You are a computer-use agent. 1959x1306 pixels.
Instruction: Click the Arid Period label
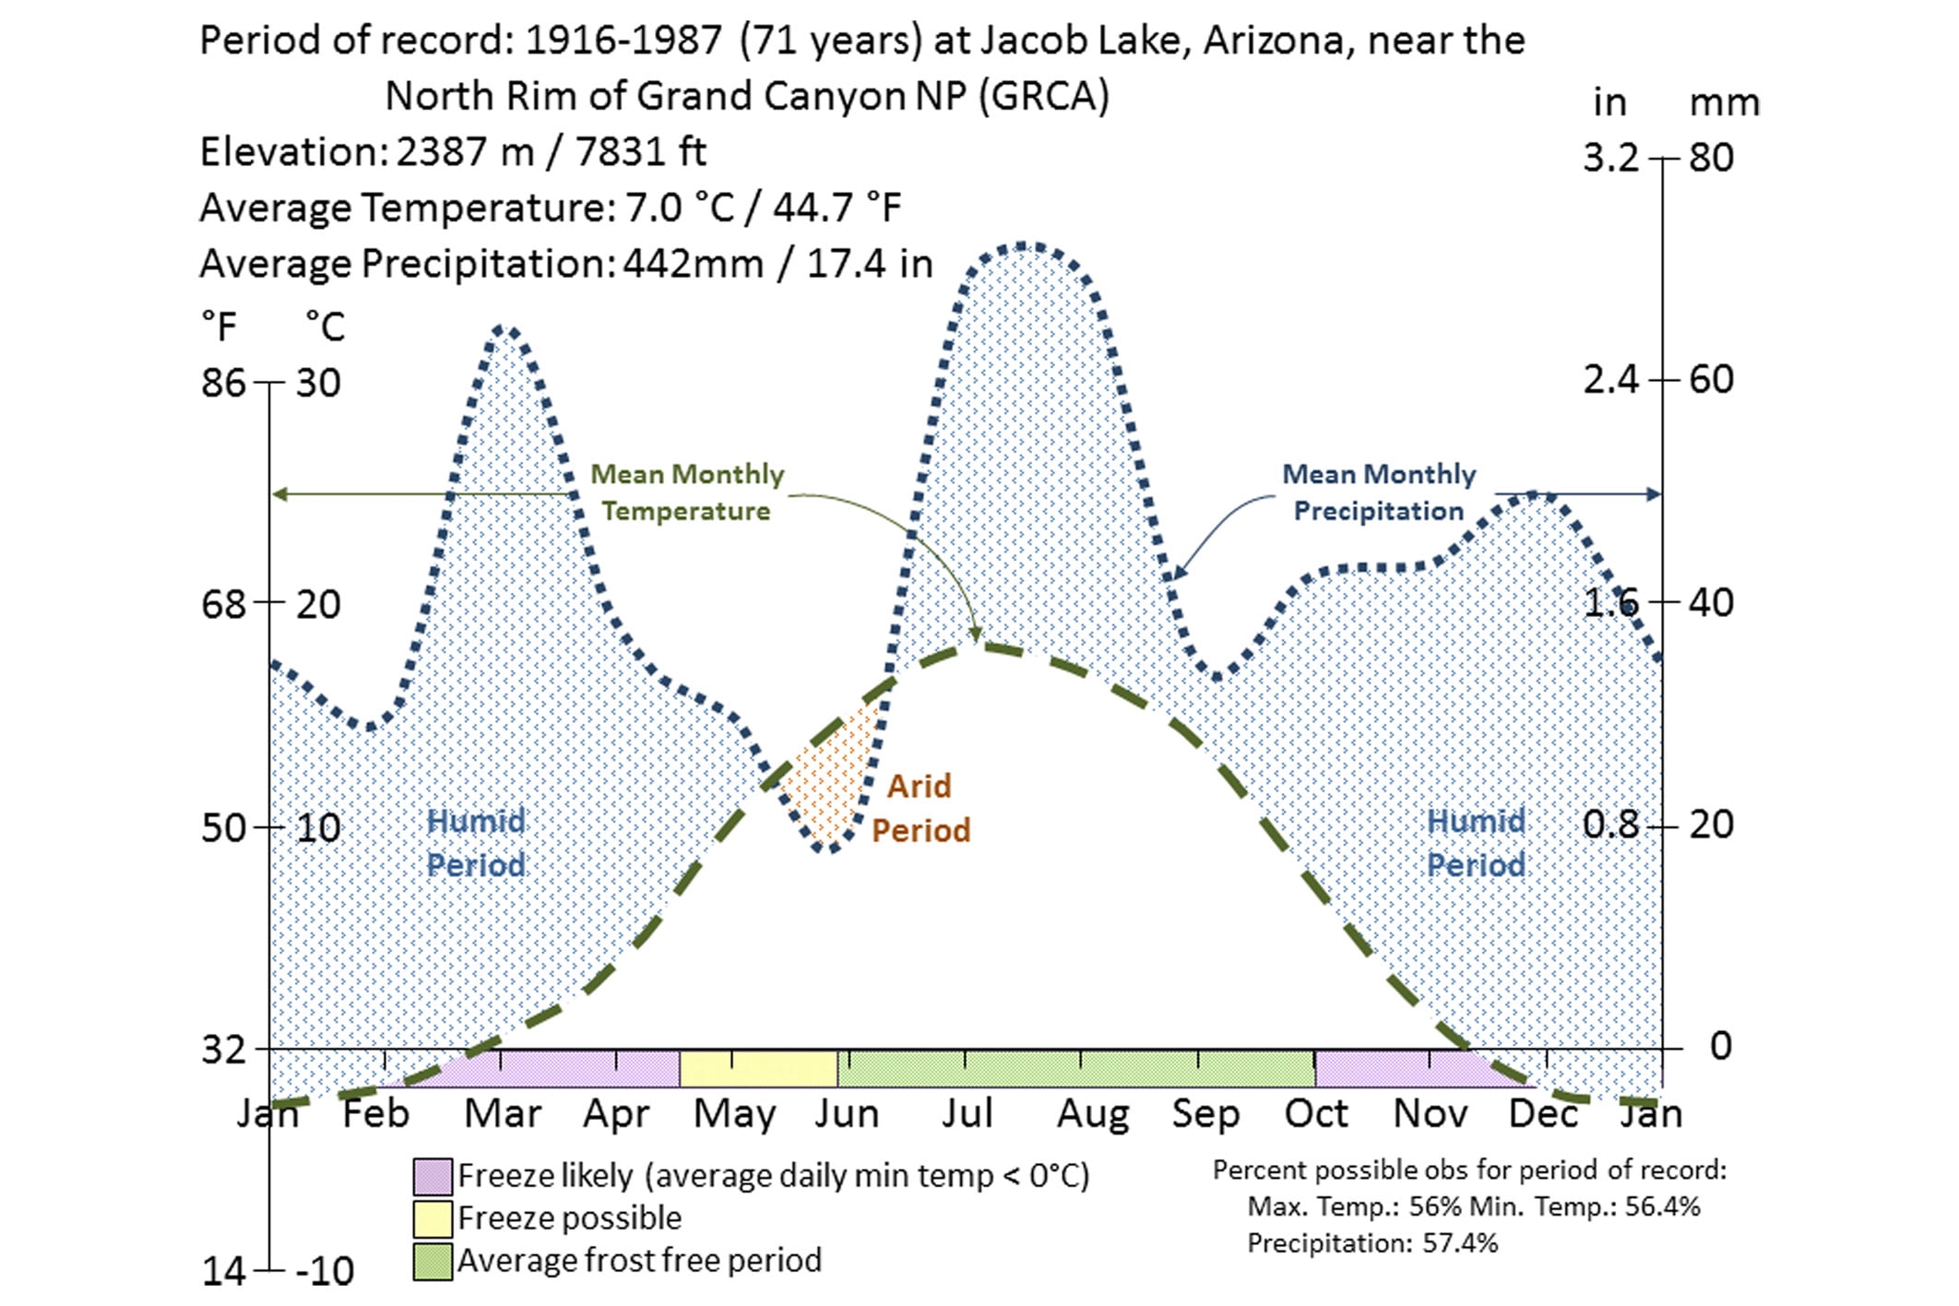[920, 808]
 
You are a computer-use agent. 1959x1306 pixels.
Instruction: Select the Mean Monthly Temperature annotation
[686, 493]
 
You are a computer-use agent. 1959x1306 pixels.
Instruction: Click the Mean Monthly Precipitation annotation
[1379, 493]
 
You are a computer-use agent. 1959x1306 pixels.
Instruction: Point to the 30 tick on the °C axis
[318, 383]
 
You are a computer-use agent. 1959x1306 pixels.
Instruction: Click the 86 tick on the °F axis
[223, 383]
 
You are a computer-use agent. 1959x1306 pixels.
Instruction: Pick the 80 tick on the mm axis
[1712, 158]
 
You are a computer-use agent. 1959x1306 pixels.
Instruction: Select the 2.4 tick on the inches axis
[1610, 379]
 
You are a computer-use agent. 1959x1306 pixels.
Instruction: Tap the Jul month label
[967, 1113]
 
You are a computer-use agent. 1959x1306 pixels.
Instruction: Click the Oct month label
[1316, 1113]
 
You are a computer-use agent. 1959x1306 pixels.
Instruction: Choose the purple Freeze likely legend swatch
[433, 1177]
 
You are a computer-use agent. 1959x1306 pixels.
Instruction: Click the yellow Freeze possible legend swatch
[433, 1218]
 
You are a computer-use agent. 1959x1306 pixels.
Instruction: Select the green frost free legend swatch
[433, 1261]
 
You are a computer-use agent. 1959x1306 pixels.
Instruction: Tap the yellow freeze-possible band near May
[758, 1069]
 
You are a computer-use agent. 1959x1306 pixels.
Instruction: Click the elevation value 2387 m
[466, 152]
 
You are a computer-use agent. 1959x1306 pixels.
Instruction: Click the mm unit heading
[1724, 102]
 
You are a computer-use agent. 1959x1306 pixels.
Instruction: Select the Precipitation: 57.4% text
[1372, 1243]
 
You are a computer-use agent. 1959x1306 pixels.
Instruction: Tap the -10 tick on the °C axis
[325, 1272]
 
